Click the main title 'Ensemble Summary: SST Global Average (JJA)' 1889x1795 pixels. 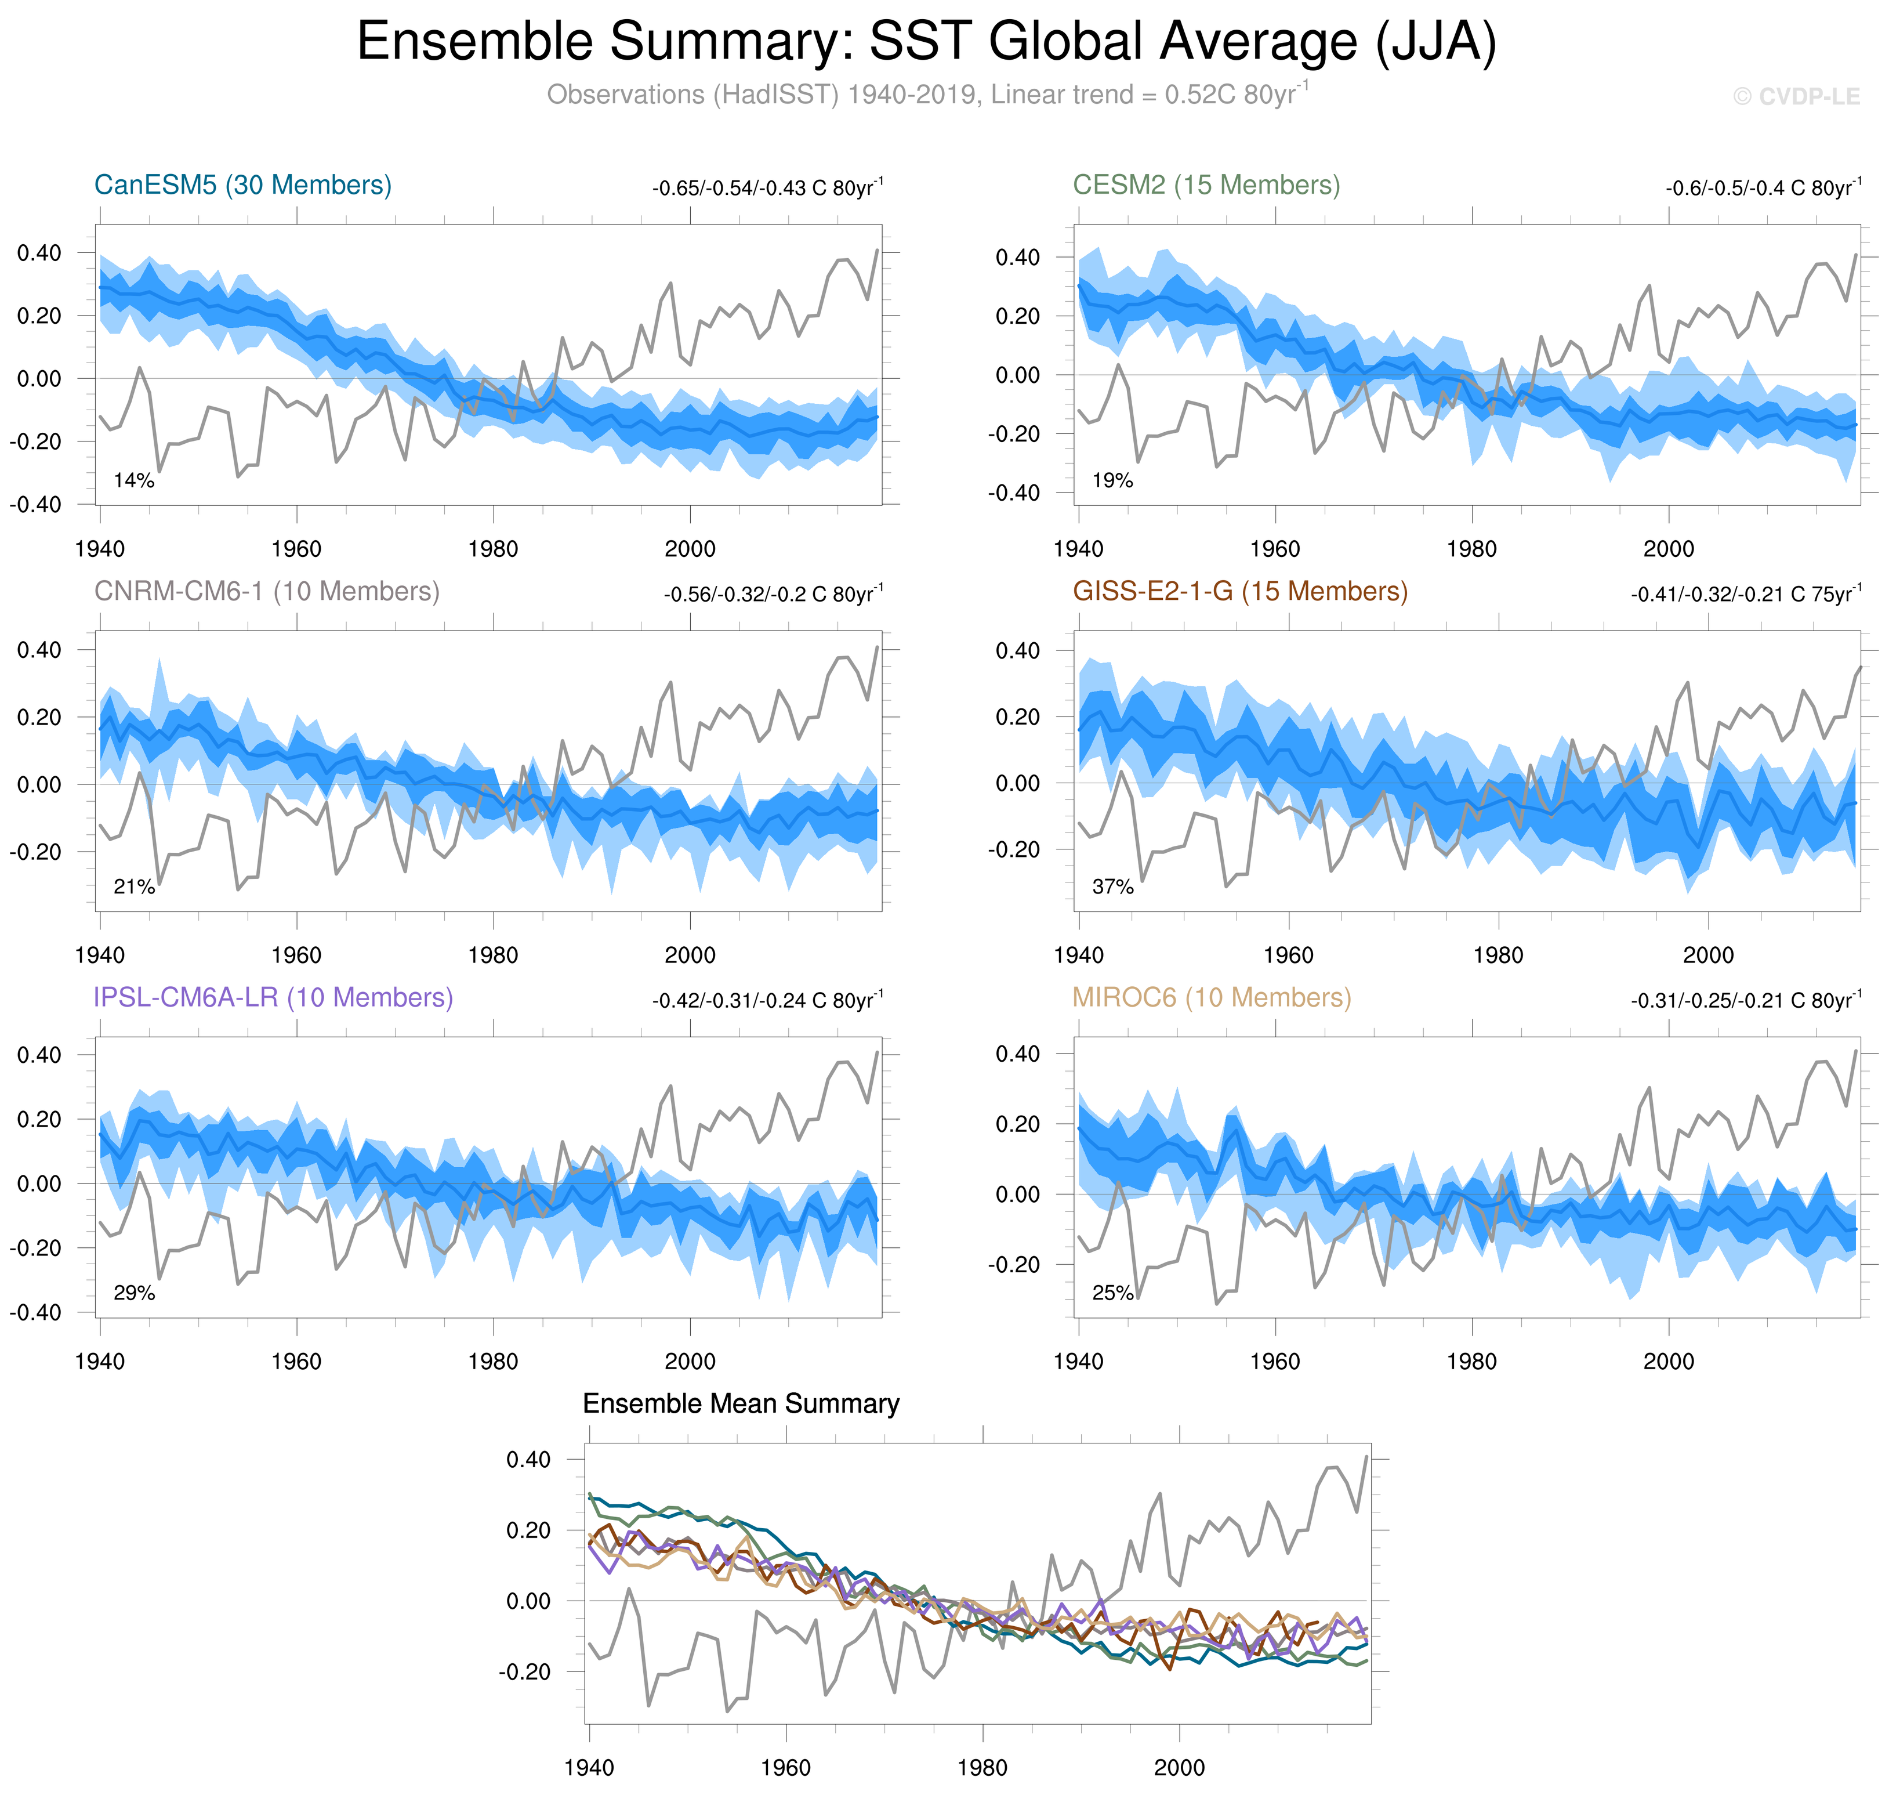click(x=926, y=42)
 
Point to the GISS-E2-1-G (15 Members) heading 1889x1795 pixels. click(x=1239, y=591)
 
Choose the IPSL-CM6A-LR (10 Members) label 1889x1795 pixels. click(x=273, y=997)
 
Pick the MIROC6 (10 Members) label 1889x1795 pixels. click(x=1211, y=997)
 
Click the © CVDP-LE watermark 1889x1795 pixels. click(x=1796, y=97)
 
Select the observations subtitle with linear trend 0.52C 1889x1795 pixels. click(x=926, y=95)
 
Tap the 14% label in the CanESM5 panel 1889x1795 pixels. click(x=134, y=480)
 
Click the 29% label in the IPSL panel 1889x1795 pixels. click(x=134, y=1293)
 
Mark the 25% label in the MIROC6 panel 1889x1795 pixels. click(x=1112, y=1293)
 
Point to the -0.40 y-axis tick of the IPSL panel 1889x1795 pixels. click(x=35, y=1312)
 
